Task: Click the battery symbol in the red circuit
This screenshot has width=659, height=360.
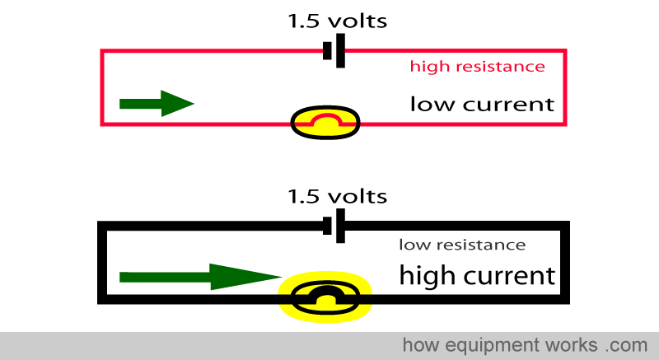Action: click(x=334, y=51)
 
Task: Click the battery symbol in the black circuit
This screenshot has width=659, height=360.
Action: click(x=334, y=226)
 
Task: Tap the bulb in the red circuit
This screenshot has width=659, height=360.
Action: click(x=325, y=122)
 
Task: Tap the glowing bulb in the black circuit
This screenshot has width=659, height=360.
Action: click(x=325, y=297)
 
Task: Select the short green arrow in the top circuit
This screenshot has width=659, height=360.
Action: click(x=157, y=103)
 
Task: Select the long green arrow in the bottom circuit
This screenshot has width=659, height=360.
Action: click(x=200, y=277)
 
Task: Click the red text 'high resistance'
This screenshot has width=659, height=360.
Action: click(x=478, y=67)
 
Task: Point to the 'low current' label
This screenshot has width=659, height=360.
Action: click(x=482, y=104)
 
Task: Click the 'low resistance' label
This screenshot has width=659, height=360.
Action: click(x=462, y=245)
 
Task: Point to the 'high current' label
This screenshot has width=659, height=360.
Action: click(x=478, y=276)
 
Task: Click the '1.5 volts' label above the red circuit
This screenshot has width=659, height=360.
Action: click(x=337, y=21)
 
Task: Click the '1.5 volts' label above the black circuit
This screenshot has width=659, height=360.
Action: click(x=337, y=197)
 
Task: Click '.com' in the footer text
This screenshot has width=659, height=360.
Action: click(x=627, y=345)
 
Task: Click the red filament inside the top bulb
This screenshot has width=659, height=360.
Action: click(x=325, y=119)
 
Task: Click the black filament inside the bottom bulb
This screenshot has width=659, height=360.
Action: click(x=325, y=294)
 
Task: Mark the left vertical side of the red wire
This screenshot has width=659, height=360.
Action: click(x=101, y=87)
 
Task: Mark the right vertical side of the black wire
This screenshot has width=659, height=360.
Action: click(x=565, y=263)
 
